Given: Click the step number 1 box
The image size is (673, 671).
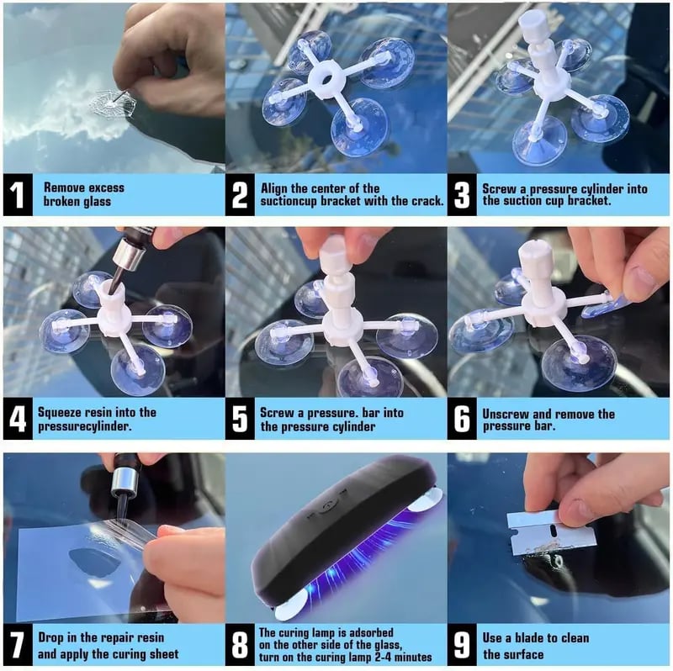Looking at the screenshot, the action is point(18,195).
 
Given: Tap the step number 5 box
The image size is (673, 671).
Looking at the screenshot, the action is point(240,418).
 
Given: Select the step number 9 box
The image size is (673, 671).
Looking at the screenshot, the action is point(462,645).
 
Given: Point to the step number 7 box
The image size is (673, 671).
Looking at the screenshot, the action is point(18,645).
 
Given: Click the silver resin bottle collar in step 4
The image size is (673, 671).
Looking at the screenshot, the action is point(130,255).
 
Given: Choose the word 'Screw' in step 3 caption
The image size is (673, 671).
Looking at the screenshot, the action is point(499,189).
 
